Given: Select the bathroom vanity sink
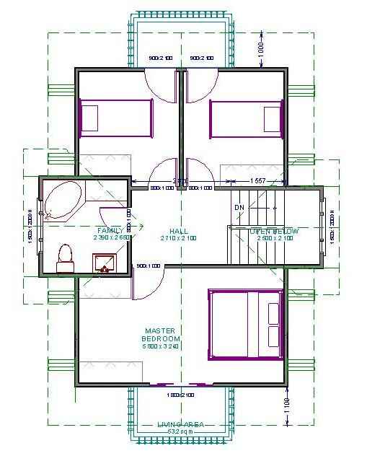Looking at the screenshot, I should point(105,263).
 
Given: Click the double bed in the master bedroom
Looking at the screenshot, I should point(244,324).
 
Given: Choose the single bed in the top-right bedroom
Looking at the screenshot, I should point(245,117).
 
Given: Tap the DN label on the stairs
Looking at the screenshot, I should point(239,208).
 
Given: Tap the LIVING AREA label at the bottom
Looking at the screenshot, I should point(180,424).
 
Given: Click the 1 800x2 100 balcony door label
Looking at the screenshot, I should point(181,395).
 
